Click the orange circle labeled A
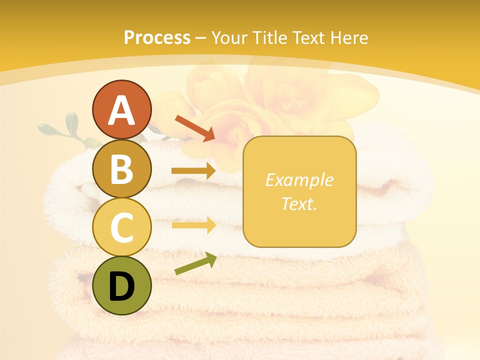(x=121, y=109)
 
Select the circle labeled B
(x=121, y=168)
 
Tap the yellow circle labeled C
(x=121, y=227)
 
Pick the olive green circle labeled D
(x=121, y=285)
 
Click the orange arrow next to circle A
(x=195, y=128)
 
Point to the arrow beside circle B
(x=193, y=171)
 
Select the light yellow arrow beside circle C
(x=193, y=225)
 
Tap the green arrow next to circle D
(x=195, y=263)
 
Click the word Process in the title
(x=157, y=37)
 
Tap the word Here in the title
(x=349, y=37)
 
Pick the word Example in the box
(x=299, y=180)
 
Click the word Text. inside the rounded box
(x=299, y=204)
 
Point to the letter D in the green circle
(x=121, y=286)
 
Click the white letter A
(x=121, y=110)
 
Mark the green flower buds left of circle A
(x=70, y=127)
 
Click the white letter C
(x=121, y=227)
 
